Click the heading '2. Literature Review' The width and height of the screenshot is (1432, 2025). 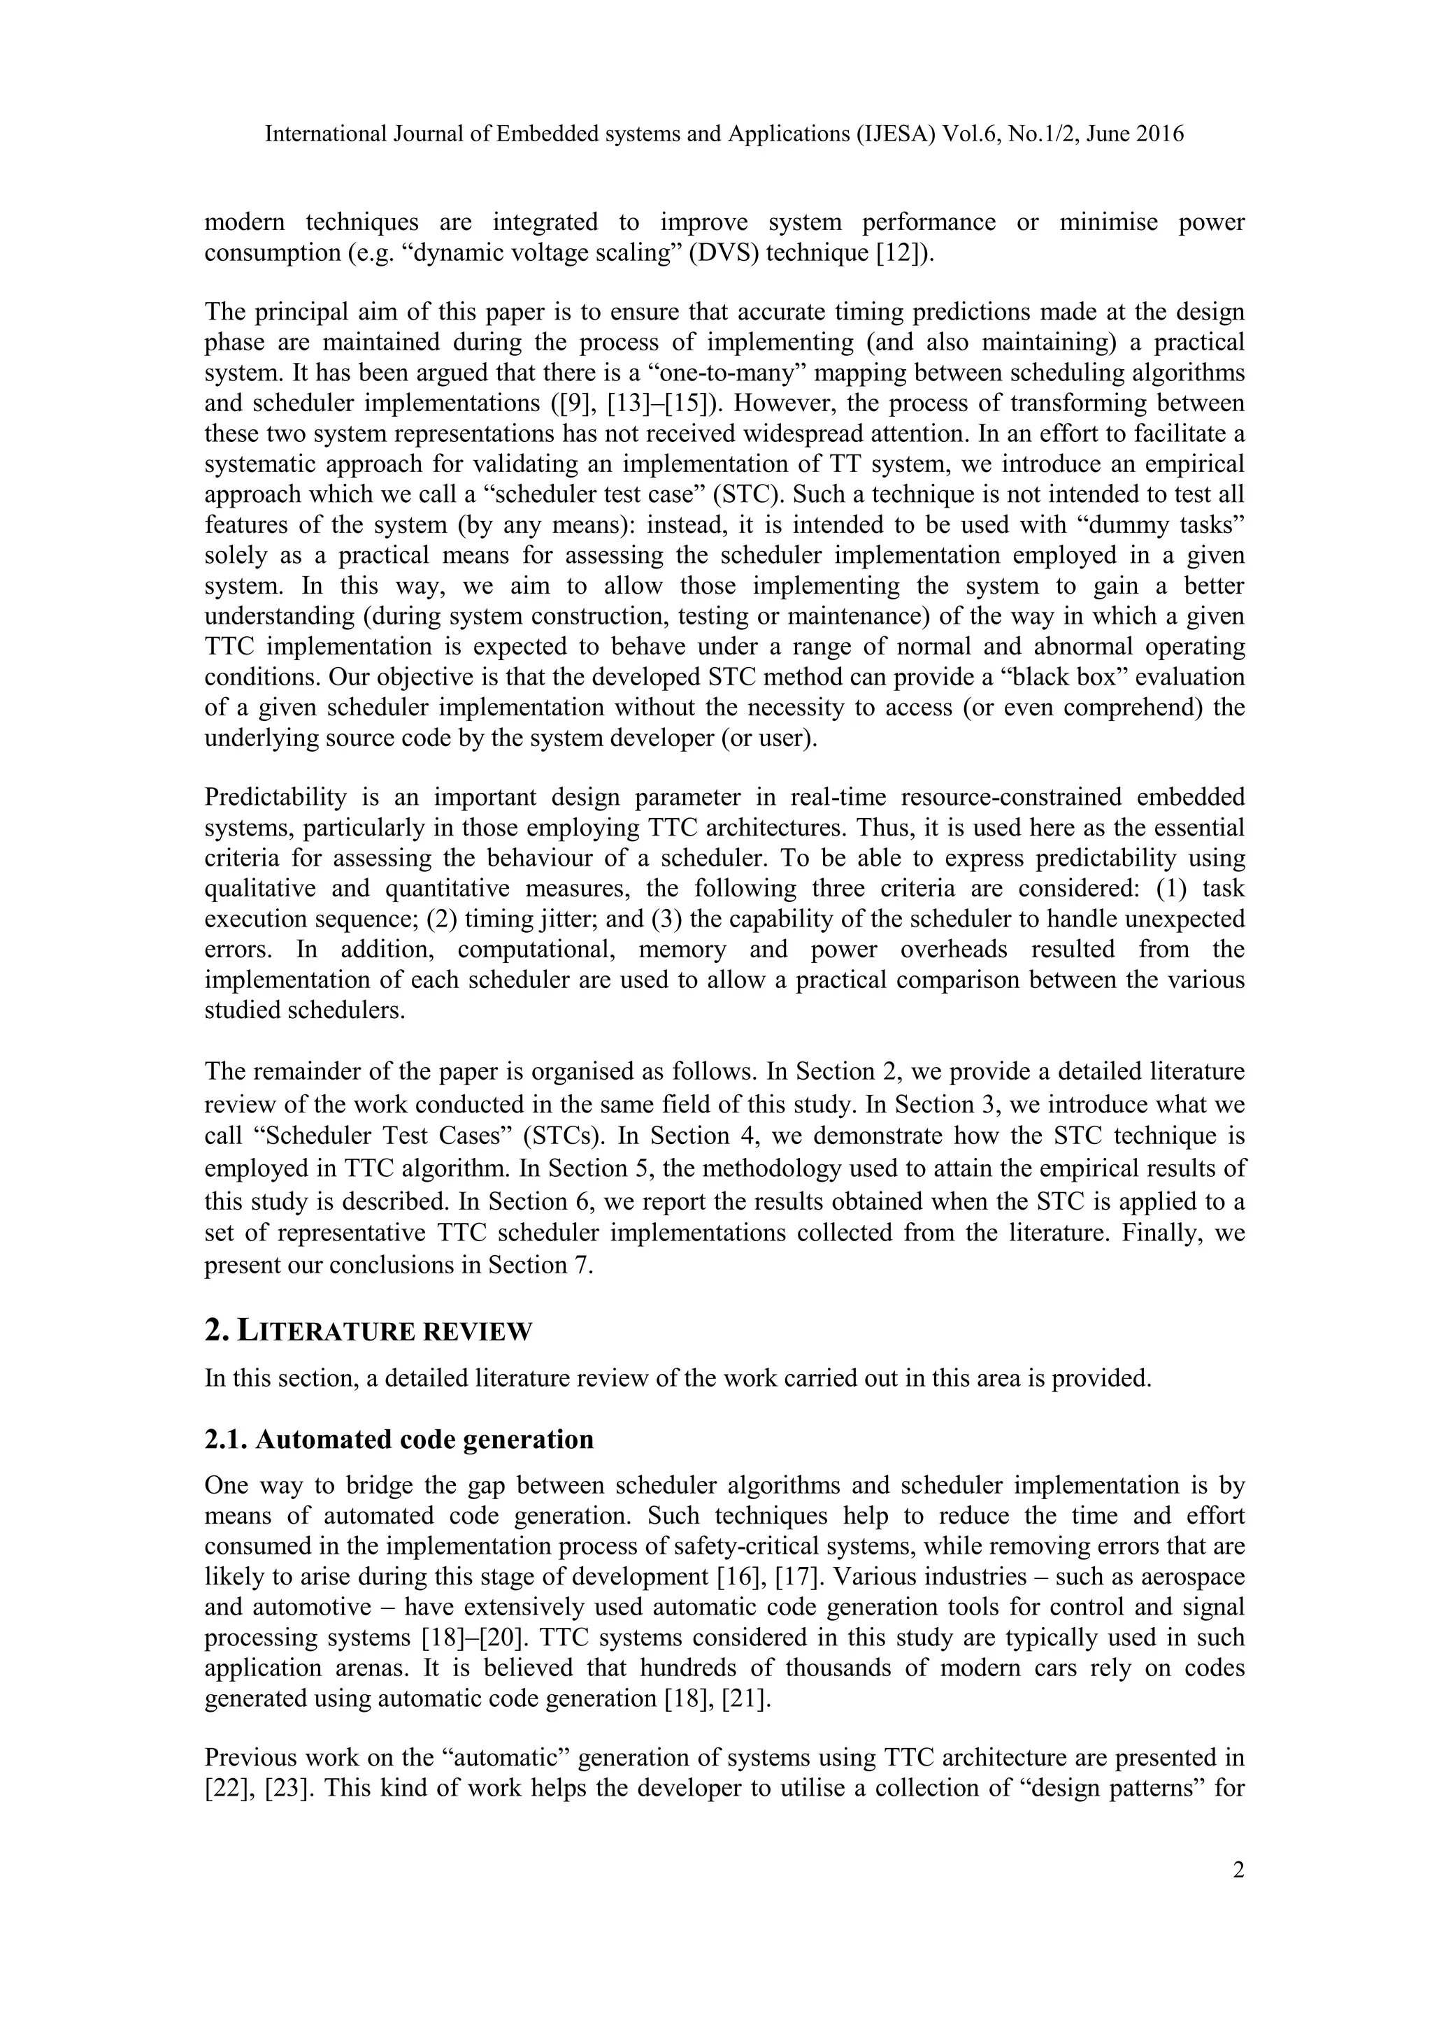pyautogui.click(x=368, y=1331)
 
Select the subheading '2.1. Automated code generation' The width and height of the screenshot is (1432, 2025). pyautogui.click(x=399, y=1439)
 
